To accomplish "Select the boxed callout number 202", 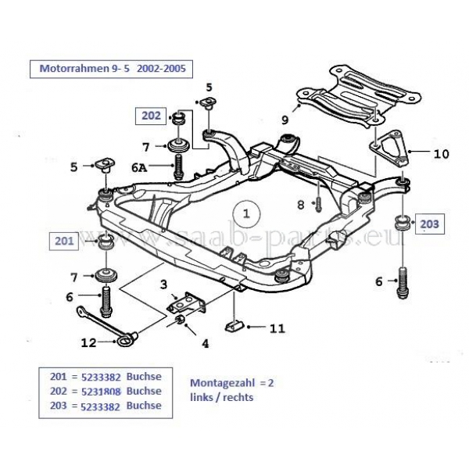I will (151, 116).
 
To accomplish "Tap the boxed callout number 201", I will (64, 241).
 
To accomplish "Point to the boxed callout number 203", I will (429, 224).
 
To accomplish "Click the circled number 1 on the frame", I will (246, 212).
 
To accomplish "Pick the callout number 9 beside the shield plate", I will (285, 120).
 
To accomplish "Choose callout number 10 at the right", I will (441, 154).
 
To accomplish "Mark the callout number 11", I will (277, 328).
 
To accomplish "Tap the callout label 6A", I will (139, 167).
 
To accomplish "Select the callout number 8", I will (300, 205).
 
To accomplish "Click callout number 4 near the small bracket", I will (206, 342).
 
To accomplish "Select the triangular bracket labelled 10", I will (387, 150).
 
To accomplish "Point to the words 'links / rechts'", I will (222, 396).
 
